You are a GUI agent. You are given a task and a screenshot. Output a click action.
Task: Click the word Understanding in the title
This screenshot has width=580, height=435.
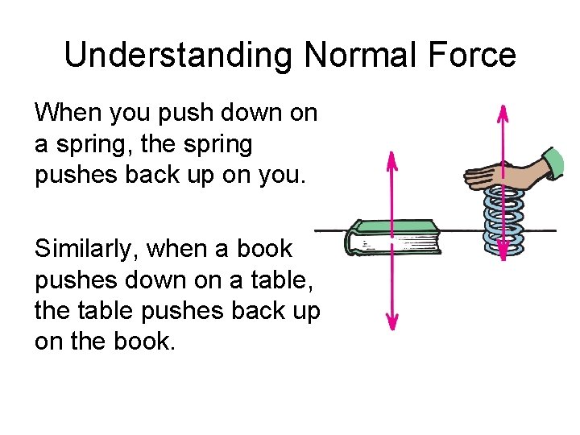point(179,56)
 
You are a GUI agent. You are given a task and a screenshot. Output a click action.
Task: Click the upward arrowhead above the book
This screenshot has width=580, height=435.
point(391,158)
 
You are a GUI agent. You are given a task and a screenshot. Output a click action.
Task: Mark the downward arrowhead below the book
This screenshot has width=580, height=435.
point(391,323)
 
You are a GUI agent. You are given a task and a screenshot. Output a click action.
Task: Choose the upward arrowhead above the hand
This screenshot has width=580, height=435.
point(503,110)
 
